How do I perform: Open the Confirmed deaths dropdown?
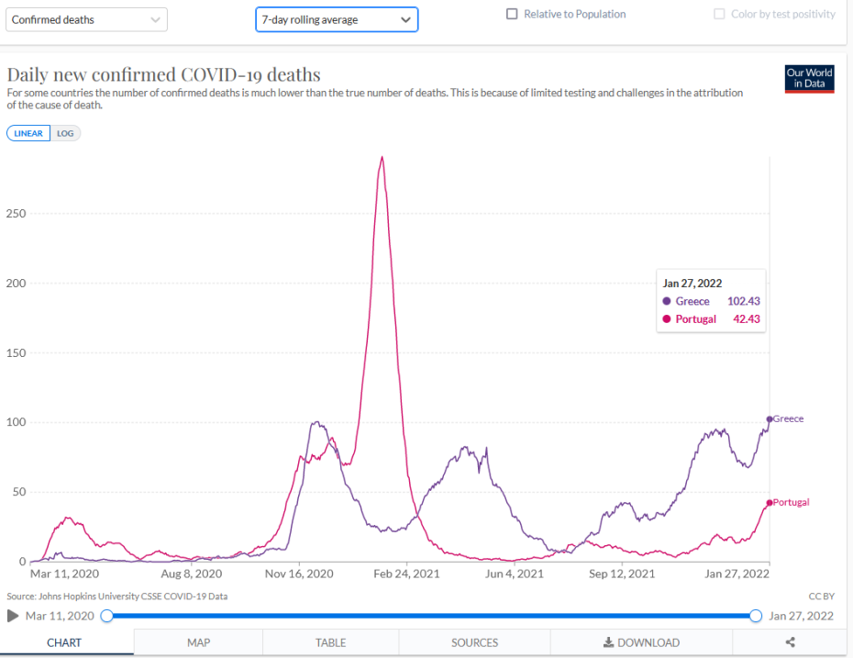tap(86, 19)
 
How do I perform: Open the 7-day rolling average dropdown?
tap(336, 19)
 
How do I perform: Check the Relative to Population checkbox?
tap(512, 15)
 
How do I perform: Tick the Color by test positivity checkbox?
tap(720, 15)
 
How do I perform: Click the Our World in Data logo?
tap(809, 78)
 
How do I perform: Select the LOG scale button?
tap(65, 133)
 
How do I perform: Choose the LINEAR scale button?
tap(28, 133)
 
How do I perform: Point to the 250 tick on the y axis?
tap(15, 214)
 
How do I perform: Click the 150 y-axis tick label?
tap(15, 353)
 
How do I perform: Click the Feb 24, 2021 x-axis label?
tap(407, 574)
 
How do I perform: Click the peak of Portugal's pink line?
tap(382, 157)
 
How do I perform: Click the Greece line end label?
tap(788, 419)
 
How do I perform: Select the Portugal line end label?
tap(791, 503)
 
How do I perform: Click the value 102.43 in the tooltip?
tap(743, 301)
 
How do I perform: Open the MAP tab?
tap(198, 642)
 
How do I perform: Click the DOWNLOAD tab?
tap(641, 642)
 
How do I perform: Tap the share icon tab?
tap(791, 642)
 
